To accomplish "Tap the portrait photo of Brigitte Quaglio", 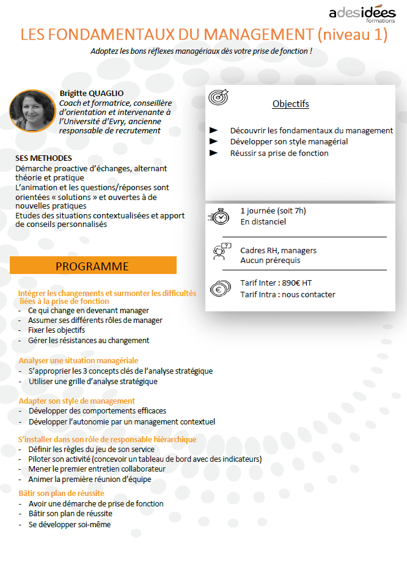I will tap(32, 111).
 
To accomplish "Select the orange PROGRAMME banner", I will tap(93, 266).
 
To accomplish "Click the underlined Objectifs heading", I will tap(290, 104).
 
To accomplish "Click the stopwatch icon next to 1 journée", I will tap(220, 217).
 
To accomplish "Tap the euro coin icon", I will tap(219, 289).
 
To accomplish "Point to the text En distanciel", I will tap(263, 221).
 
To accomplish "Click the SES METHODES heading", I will tap(43, 158).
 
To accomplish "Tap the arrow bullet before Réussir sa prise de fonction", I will tap(214, 153).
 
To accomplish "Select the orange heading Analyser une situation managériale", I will tap(78, 361).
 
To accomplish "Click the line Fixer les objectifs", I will tap(56, 330).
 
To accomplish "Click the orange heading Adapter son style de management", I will tap(76, 401).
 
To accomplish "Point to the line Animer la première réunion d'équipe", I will tap(89, 480).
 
